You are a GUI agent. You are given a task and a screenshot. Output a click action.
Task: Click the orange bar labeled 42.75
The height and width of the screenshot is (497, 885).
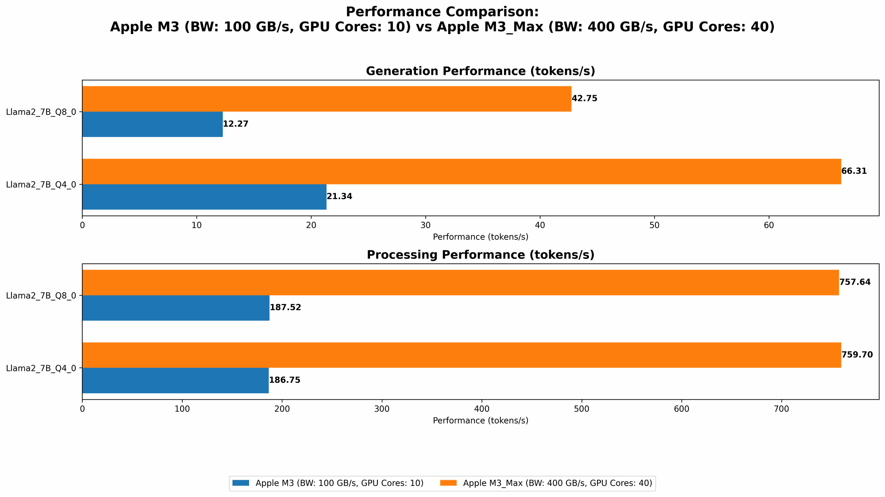click(327, 99)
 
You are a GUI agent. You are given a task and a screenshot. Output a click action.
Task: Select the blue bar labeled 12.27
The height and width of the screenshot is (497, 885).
click(152, 124)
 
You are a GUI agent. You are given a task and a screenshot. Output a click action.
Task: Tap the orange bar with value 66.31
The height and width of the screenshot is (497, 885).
click(462, 171)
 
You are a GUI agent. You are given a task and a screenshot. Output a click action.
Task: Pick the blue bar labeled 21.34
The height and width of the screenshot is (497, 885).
click(204, 197)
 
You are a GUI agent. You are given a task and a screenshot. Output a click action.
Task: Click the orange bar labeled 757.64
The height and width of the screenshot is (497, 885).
click(460, 282)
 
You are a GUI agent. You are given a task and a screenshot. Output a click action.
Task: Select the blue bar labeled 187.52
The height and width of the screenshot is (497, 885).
click(176, 308)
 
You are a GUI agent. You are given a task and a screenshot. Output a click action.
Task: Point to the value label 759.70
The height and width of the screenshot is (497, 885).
click(857, 355)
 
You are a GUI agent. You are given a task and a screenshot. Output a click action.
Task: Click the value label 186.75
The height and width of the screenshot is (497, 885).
click(285, 380)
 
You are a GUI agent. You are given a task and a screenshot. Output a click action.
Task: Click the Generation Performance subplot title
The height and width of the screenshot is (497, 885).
click(480, 71)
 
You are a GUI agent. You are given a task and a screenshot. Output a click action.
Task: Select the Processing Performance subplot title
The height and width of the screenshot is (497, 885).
click(480, 255)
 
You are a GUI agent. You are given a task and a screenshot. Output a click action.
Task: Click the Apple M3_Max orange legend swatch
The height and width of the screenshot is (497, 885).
click(449, 483)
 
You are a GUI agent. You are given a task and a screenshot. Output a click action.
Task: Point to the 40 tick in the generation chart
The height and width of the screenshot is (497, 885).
click(540, 225)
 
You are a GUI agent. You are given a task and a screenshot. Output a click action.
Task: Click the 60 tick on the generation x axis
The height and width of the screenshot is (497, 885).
click(769, 225)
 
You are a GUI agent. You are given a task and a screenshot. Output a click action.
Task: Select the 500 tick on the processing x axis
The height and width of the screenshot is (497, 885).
click(581, 409)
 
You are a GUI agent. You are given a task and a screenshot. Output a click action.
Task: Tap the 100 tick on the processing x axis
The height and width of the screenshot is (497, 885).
click(182, 409)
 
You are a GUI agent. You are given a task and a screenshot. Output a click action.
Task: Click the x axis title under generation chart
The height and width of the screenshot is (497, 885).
click(480, 237)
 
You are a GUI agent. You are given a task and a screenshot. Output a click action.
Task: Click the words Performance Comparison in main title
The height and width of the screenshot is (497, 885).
click(442, 12)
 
